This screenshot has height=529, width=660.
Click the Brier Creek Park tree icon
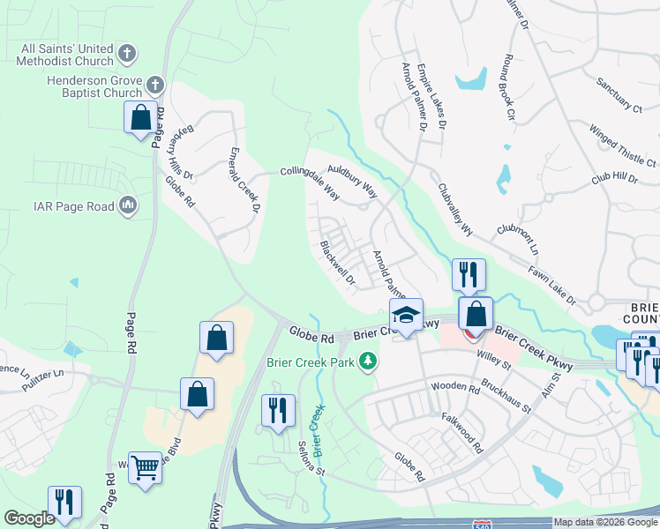371,361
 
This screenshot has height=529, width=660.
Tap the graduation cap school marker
407,316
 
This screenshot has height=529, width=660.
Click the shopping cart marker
145,467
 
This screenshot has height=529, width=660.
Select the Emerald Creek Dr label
244,180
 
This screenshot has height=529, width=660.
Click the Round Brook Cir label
507,88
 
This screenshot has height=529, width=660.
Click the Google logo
29,518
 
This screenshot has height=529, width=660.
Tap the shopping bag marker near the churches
140,117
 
